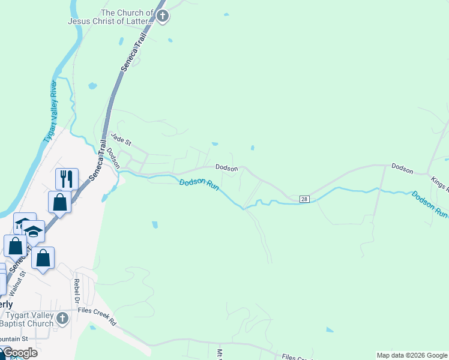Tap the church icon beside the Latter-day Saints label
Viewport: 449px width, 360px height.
[x=163, y=16]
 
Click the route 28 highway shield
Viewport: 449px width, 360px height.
[x=304, y=199]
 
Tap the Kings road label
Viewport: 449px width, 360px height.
[x=439, y=184]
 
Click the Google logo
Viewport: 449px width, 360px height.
[x=20, y=353]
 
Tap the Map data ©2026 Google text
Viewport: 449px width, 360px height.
[x=412, y=355]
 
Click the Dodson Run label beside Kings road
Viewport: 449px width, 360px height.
[x=430, y=203]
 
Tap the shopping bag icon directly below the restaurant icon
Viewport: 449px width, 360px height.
[x=60, y=202]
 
